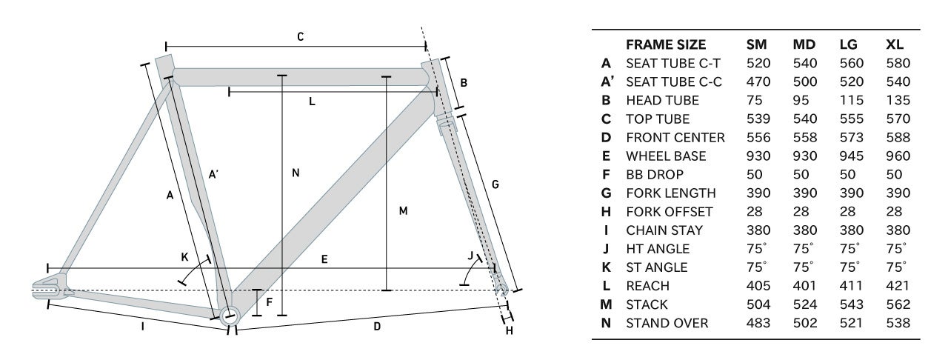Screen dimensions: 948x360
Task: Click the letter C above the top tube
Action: coord(300,37)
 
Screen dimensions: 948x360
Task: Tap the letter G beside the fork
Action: coord(495,184)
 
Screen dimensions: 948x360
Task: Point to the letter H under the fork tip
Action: coord(509,330)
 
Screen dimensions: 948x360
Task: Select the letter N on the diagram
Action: coord(296,173)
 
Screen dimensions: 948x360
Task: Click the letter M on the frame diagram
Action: coord(404,210)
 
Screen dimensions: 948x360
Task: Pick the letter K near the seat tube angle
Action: coord(184,257)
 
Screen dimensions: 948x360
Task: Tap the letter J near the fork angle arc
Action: coord(470,256)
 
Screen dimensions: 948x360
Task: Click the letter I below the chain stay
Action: coord(143,327)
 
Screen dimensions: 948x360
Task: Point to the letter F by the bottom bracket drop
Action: coord(269,302)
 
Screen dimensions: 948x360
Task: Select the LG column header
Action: coord(849,44)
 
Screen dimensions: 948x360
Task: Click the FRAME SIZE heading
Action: coord(666,44)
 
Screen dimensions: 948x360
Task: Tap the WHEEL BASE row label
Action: coord(666,156)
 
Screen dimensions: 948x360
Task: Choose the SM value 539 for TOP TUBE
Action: coord(758,119)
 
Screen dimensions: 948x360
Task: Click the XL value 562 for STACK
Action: coord(898,304)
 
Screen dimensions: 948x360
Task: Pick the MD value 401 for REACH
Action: coord(804,285)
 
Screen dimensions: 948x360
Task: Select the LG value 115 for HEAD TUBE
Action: coord(851,100)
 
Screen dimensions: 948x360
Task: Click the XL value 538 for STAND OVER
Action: coord(898,323)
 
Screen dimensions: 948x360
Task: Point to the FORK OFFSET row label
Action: coord(670,211)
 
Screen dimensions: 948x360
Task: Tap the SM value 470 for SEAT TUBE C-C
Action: coord(758,81)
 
